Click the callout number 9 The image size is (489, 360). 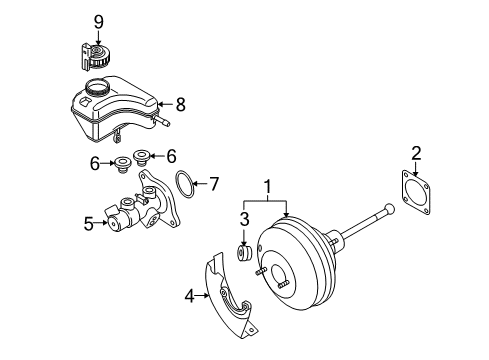99,22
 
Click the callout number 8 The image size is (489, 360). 180,105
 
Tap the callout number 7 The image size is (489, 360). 214,184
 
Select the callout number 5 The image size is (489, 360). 89,224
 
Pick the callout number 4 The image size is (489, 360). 189,296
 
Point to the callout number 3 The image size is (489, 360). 244,219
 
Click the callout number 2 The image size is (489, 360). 416,153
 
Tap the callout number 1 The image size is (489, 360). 268,187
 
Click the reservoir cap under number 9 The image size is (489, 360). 95,57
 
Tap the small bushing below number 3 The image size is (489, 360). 244,254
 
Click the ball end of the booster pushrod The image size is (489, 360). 389,210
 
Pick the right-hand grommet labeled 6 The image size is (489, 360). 142,156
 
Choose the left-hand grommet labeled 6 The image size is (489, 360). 123,164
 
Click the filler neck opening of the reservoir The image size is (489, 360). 97,87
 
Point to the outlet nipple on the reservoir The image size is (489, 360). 161,121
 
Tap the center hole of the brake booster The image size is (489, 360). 284,275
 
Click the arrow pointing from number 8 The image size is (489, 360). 166,105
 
